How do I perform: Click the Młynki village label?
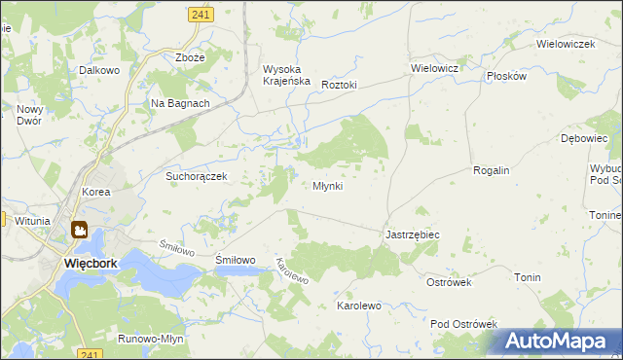coord(327,186)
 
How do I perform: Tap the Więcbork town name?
coord(91,263)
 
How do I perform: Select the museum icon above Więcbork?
coord(79,231)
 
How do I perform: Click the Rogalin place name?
coord(491,170)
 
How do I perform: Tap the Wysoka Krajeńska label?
coord(286,75)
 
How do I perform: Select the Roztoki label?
coord(339,85)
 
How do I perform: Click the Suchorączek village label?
coord(196,176)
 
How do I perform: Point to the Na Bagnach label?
coord(180,103)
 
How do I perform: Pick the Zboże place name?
coord(190,57)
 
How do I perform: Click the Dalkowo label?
coord(99,71)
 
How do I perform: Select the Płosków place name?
coord(506,75)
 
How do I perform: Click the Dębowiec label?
coord(584,139)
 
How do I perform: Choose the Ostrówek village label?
coord(449,282)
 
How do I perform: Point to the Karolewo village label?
coord(358,306)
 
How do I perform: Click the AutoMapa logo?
coord(556,342)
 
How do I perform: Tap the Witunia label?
coord(31,221)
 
